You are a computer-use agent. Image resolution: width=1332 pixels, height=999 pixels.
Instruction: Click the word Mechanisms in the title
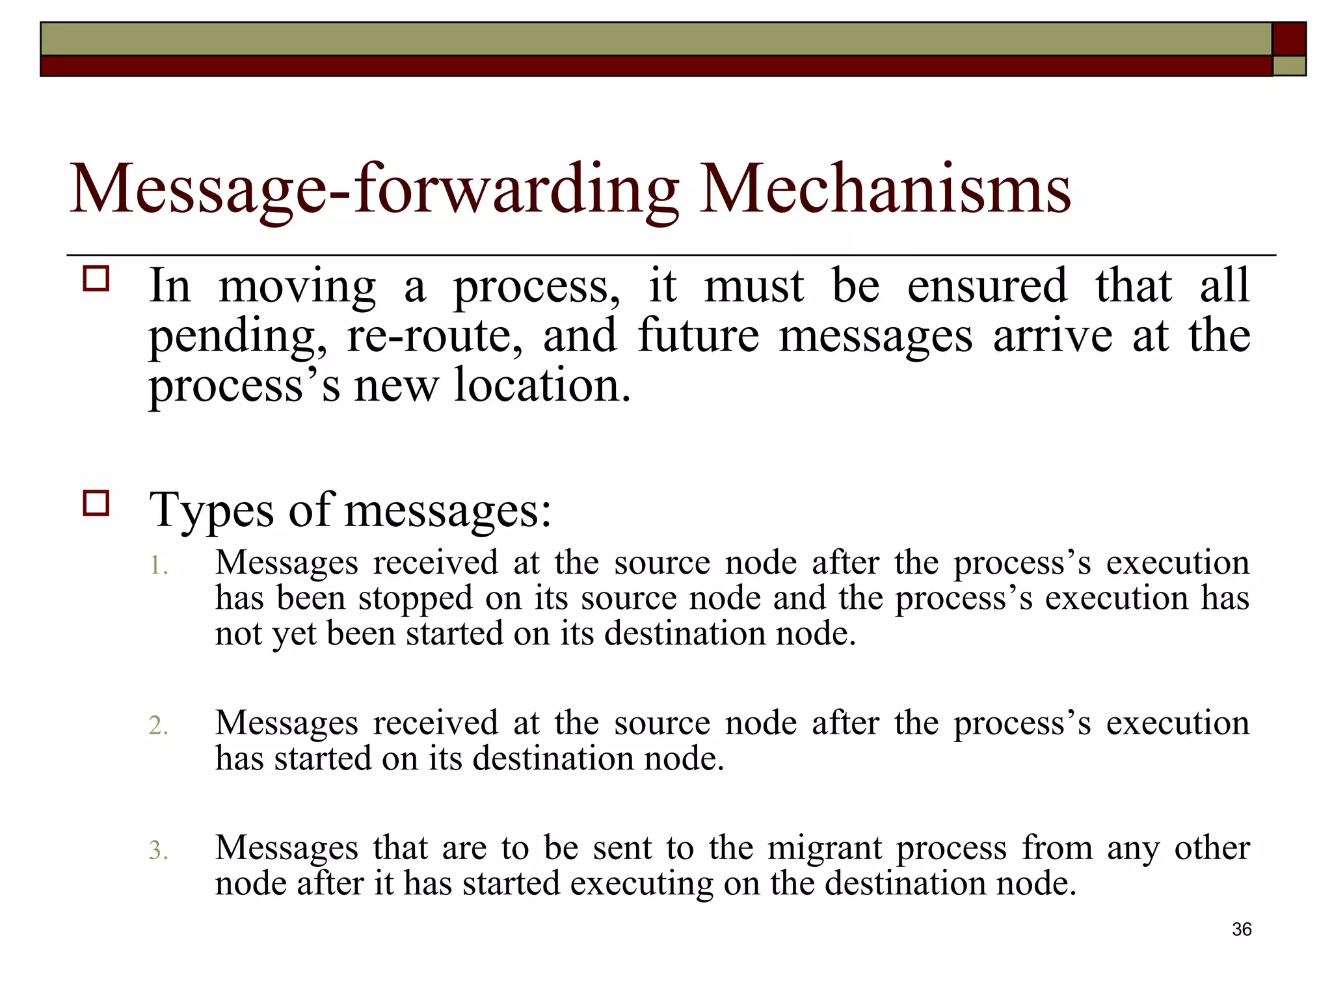[885, 190]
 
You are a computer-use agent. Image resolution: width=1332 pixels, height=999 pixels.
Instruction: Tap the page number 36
[1242, 929]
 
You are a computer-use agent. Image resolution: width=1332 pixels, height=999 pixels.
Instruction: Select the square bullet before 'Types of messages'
[96, 503]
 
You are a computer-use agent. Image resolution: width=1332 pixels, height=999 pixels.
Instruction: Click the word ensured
[987, 286]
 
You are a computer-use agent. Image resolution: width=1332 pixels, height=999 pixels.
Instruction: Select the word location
[542, 385]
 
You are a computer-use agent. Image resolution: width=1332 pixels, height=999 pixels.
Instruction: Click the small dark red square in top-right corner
[1289, 38]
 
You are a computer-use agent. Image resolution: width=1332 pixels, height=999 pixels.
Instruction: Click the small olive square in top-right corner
[1289, 66]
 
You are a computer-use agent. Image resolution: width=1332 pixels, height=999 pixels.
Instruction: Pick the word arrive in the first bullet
[1053, 336]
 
